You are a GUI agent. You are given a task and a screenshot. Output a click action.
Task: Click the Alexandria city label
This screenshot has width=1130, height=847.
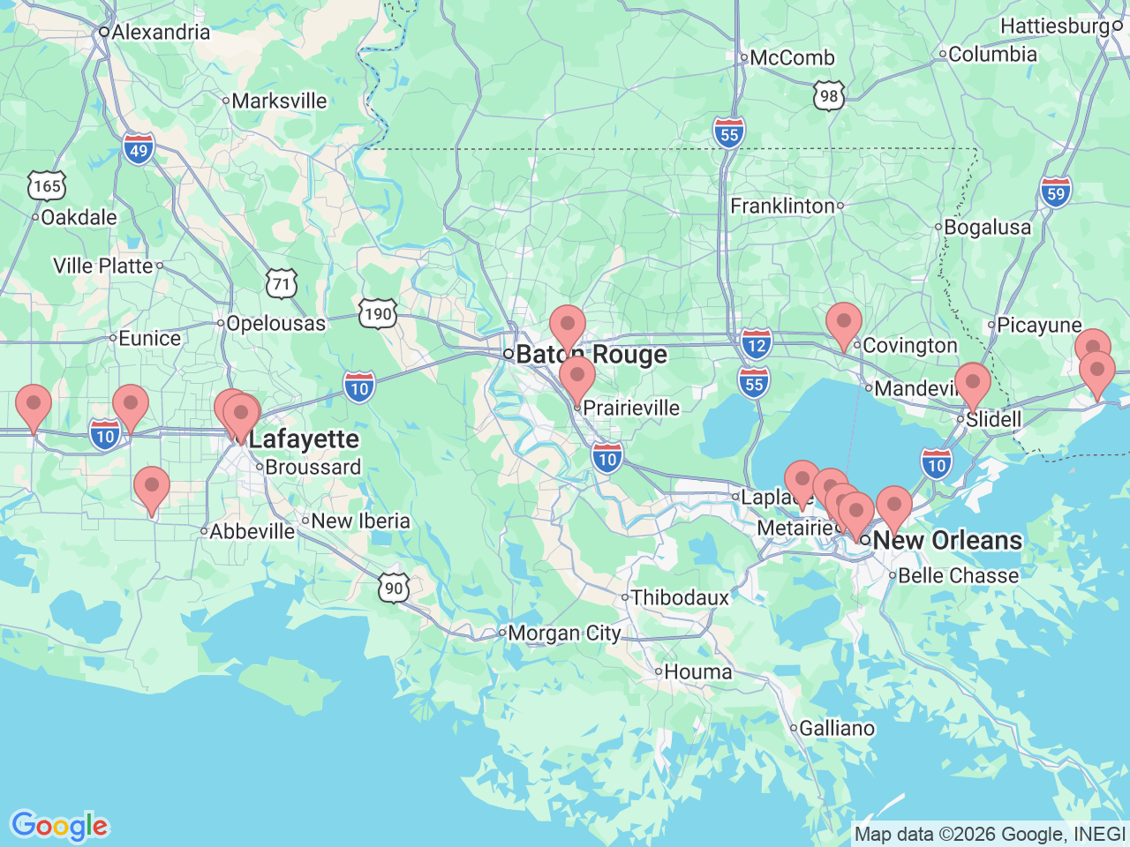click(160, 33)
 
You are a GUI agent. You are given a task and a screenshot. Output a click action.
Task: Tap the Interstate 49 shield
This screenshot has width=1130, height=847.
click(139, 150)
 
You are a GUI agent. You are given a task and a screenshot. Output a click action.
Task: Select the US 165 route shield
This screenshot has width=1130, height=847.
click(47, 186)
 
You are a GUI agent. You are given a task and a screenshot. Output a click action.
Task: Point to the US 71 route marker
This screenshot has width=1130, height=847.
click(282, 283)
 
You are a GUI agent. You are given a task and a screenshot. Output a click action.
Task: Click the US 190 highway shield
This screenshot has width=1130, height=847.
click(378, 313)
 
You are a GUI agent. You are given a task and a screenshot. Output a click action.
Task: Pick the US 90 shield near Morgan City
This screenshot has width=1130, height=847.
click(394, 588)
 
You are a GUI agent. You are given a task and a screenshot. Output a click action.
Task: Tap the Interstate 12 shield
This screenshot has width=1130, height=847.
click(757, 345)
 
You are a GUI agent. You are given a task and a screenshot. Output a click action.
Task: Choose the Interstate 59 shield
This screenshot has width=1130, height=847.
click(1056, 193)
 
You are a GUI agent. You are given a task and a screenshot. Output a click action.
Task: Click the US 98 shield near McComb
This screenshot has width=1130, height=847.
click(828, 95)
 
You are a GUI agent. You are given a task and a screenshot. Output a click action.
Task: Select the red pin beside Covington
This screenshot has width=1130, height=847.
click(844, 323)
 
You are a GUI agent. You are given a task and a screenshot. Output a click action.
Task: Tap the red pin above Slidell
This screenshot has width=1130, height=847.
click(973, 384)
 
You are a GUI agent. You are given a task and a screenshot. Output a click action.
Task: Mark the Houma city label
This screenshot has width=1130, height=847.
click(697, 672)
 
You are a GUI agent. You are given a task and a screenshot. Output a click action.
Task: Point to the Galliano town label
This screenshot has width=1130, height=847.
click(836, 729)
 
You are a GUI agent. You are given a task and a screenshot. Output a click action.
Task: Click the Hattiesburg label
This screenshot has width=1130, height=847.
click(1055, 26)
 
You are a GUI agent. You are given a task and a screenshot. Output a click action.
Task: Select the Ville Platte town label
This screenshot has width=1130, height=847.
click(103, 266)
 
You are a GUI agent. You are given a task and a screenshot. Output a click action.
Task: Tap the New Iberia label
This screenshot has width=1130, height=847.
click(360, 521)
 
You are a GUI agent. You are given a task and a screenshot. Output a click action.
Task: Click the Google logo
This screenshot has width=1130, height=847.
click(59, 827)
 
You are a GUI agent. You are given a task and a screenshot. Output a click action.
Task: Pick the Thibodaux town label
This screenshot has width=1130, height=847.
click(680, 598)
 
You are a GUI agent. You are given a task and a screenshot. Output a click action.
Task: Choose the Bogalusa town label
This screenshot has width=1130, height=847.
click(987, 228)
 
